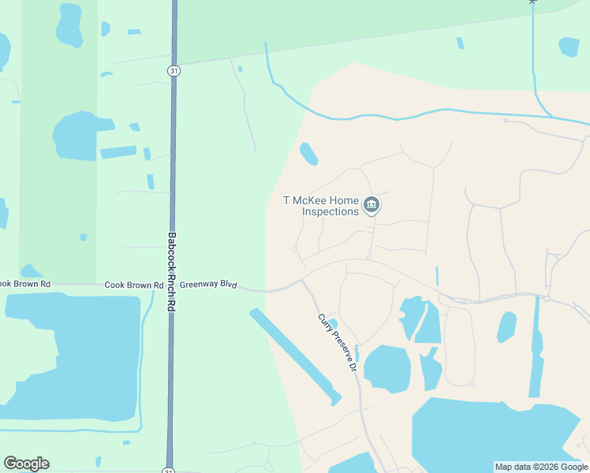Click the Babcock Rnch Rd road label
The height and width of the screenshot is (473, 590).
[x=170, y=270]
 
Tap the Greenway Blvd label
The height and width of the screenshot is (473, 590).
[x=208, y=285]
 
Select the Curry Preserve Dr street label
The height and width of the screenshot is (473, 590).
[x=338, y=343]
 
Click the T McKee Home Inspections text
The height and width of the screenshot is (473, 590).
[x=321, y=206]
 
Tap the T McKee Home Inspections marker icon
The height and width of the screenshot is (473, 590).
[x=372, y=206]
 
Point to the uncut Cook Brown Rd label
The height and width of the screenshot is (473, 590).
[x=133, y=285]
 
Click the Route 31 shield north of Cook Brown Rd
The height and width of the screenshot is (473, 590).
[x=172, y=71]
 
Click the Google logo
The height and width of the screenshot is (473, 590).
[x=26, y=464]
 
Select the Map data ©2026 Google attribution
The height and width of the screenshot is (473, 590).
[x=541, y=467]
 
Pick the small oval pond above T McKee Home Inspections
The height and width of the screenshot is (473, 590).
[x=308, y=154]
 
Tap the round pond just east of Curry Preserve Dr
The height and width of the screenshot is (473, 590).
[x=386, y=368]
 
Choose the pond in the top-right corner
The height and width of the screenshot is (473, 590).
[x=569, y=47]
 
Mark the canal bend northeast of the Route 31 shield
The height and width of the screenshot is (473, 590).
[x=273, y=82]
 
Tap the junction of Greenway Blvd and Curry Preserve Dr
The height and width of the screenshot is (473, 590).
[x=302, y=281]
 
